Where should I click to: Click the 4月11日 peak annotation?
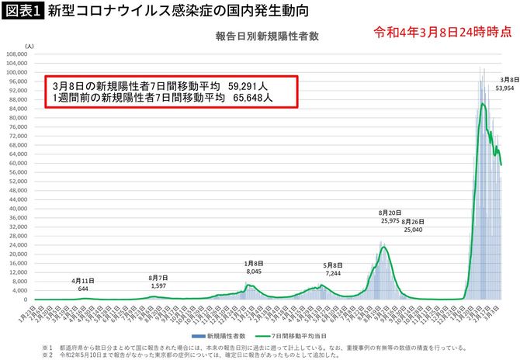point(83,281)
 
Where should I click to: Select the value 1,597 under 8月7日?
point(158,285)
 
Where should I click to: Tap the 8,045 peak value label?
point(255,272)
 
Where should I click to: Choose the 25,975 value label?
point(390,221)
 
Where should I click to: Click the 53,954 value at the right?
point(504,88)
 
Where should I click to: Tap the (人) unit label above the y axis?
point(29,47)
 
